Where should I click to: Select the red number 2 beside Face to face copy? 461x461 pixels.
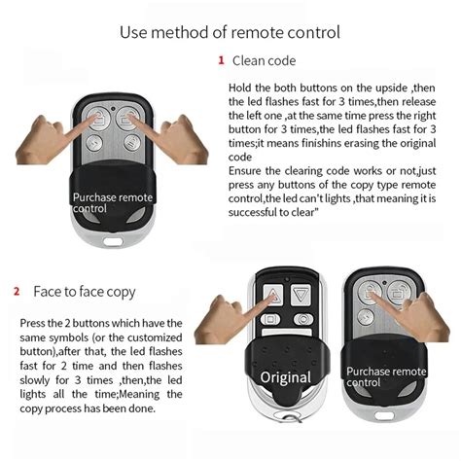[17, 291]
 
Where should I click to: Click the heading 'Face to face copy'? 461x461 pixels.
[85, 292]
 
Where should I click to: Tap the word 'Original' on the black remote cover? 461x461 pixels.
[285, 376]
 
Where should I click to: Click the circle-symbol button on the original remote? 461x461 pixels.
[303, 318]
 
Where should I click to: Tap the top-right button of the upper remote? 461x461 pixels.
[126, 119]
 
